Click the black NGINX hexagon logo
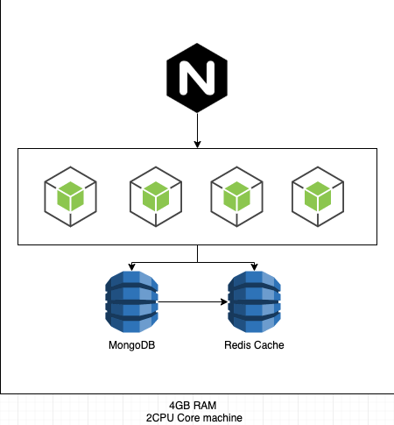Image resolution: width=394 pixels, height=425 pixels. (197, 78)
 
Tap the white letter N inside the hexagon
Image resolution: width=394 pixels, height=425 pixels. (197, 78)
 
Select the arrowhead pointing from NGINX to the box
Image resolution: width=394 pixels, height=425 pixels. (197, 145)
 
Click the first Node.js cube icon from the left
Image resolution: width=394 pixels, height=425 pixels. (70, 196)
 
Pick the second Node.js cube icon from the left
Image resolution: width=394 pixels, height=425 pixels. (156, 196)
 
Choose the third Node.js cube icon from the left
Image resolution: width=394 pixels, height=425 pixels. (236, 196)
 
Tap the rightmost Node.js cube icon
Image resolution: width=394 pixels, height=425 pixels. (318, 196)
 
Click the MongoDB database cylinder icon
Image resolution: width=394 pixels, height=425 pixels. (131, 301)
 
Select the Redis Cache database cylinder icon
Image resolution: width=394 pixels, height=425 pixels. (254, 301)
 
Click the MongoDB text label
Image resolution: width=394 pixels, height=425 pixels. (131, 345)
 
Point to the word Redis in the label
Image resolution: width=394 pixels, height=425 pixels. (236, 345)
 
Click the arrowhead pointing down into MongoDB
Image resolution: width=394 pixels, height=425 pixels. (131, 267)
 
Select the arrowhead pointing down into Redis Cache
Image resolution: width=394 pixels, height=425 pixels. (254, 267)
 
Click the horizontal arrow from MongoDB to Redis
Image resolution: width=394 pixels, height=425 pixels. (193, 301)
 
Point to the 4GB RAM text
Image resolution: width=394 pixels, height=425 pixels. (193, 406)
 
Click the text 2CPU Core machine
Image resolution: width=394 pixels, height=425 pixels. (194, 418)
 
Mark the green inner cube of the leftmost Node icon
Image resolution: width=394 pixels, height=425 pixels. (70, 196)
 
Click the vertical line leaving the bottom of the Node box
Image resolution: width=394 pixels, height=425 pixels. (198, 253)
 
